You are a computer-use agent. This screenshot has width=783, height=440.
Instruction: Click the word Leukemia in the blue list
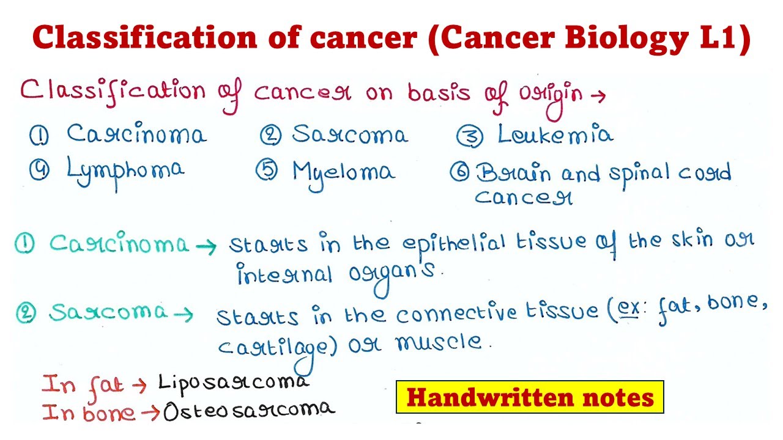point(554,134)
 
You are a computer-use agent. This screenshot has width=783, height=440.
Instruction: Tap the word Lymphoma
point(125,170)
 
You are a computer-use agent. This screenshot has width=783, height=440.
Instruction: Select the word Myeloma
point(343,172)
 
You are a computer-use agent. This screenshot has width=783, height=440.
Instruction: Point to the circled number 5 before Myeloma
point(267,172)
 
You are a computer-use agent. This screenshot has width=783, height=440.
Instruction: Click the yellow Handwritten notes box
point(530,398)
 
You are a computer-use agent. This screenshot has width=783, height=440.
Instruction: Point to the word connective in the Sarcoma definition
point(456,314)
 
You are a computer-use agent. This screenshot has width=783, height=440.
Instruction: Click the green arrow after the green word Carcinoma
point(206,246)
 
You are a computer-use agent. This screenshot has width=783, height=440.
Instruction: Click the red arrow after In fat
point(140,385)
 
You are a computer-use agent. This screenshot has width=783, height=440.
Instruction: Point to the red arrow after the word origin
point(598,95)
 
